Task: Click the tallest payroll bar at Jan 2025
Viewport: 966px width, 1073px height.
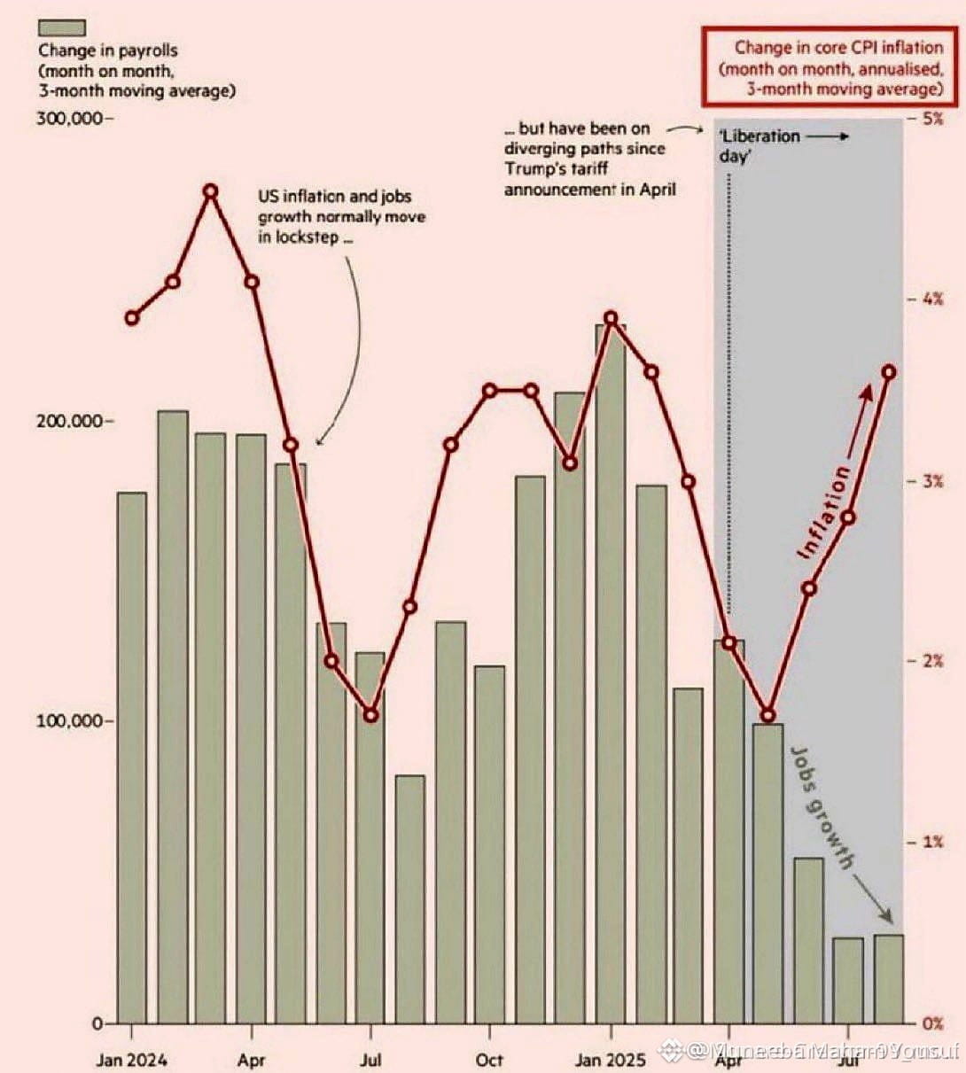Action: [x=611, y=673]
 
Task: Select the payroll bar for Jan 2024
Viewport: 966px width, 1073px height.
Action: [x=132, y=758]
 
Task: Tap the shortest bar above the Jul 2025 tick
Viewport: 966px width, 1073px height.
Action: [x=848, y=979]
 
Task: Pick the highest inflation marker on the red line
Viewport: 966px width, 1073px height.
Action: [x=211, y=191]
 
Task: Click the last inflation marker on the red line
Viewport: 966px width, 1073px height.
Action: [x=890, y=372]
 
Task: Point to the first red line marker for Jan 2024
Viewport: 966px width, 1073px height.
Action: [x=132, y=318]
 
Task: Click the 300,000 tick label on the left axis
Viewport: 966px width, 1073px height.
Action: [x=71, y=119]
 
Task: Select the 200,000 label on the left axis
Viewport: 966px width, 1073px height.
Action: [x=71, y=421]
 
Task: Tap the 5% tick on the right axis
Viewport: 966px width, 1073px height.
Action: [x=931, y=119]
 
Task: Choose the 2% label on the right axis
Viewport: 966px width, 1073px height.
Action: [x=931, y=662]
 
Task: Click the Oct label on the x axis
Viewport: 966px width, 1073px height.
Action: [x=489, y=1060]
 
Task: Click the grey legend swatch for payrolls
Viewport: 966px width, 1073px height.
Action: [x=61, y=29]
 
